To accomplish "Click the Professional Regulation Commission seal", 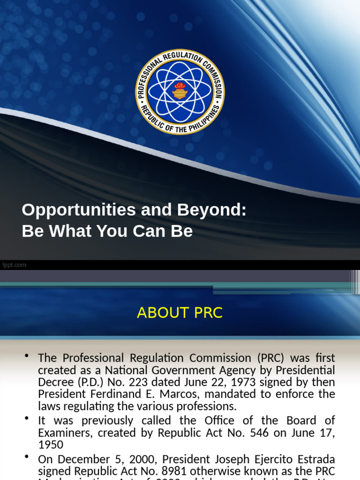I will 180,91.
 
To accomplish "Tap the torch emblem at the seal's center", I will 180,90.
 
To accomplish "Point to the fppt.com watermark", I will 14,265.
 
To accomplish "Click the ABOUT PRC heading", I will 180,313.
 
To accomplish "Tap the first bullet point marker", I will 27,357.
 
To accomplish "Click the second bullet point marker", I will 27,418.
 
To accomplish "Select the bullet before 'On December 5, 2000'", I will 27,457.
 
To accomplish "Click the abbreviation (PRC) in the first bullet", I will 269,358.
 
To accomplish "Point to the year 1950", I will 51,445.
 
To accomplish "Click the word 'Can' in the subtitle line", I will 153,231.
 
